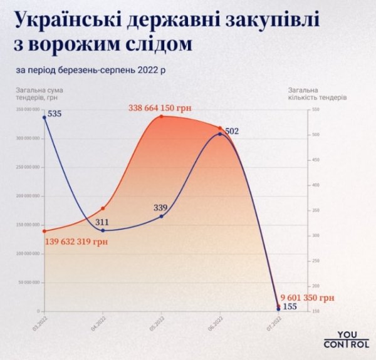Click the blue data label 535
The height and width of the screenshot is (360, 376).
tap(55, 114)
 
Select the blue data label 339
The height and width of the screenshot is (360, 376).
tap(161, 207)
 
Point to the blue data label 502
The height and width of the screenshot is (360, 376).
tap(232, 131)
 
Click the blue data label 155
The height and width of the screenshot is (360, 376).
tap(290, 306)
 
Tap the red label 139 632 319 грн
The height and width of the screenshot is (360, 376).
tap(75, 242)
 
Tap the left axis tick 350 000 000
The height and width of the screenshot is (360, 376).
tap(30, 110)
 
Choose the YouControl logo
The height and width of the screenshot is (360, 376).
tap(342, 339)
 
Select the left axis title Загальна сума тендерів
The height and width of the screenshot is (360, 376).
tap(39, 94)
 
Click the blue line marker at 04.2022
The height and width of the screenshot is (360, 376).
tap(103, 230)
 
